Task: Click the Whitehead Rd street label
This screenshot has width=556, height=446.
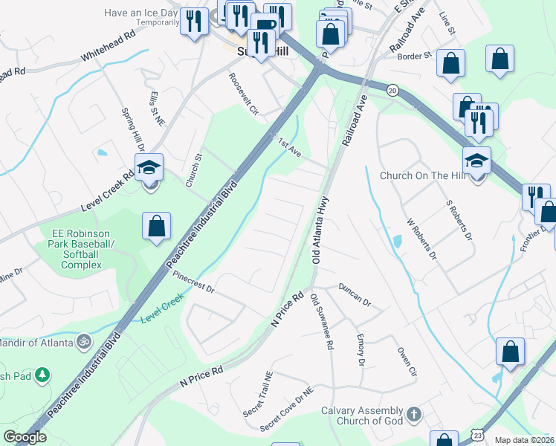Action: coord(108,45)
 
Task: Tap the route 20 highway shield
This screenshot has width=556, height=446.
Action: coord(392,89)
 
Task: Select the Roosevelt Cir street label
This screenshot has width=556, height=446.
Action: coord(243,94)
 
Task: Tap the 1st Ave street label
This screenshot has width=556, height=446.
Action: coord(289,146)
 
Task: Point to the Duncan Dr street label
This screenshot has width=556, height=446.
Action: coord(355,294)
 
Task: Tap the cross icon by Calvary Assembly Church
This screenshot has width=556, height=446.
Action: coord(414,413)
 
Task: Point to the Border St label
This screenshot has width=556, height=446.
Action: coord(417,56)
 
